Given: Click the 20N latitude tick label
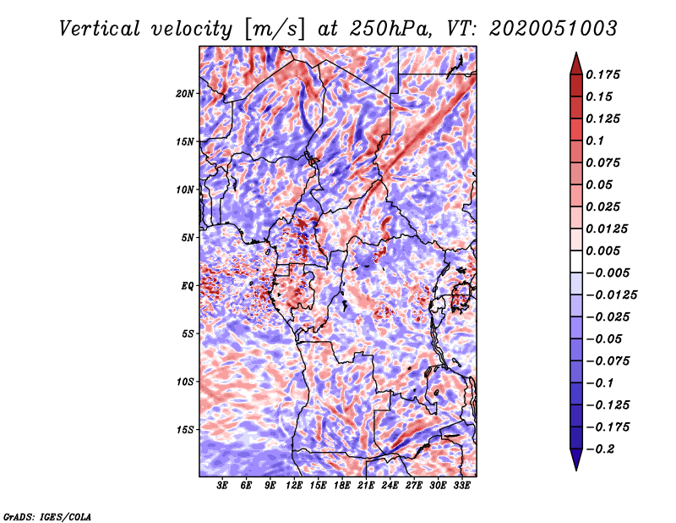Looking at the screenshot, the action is click(184, 94).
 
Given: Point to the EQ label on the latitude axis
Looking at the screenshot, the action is click(188, 286).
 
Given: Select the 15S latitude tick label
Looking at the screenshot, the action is click(185, 430).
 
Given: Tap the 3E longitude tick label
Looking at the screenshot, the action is click(222, 486).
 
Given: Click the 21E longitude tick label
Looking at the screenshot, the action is click(366, 486).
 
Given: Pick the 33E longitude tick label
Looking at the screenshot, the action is click(461, 486).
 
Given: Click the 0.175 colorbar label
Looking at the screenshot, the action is click(602, 74).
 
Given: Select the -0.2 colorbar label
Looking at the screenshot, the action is click(600, 449).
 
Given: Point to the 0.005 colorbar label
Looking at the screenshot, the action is click(602, 250).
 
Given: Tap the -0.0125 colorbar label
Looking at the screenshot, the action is click(611, 295).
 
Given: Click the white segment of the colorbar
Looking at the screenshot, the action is click(576, 261).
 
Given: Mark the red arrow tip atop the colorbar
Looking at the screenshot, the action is click(576, 53).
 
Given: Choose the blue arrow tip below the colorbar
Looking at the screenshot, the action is click(576, 470).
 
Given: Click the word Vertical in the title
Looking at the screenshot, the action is click(100, 29).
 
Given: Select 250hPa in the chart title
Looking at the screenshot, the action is click(390, 29).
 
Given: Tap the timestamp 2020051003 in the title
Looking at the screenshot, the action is click(553, 29).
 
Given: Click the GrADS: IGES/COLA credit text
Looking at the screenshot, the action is click(47, 517).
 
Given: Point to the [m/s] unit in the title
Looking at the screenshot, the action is click(274, 30).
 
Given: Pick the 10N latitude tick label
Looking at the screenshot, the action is click(184, 190).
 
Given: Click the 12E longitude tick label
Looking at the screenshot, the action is click(294, 486).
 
